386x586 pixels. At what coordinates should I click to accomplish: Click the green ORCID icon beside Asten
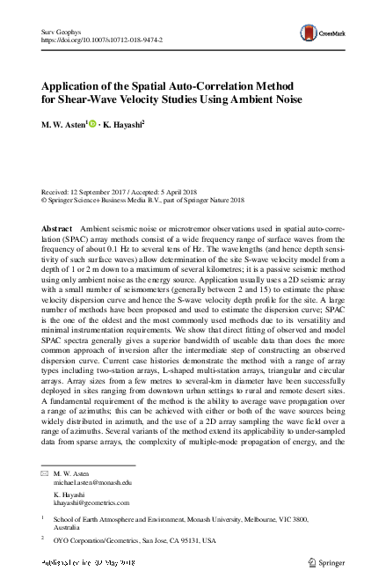tap(90, 125)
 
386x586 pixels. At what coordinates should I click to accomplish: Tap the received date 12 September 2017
tap(109, 191)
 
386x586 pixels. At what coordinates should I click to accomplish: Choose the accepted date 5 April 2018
tap(195, 191)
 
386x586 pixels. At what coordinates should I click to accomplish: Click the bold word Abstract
tap(58, 227)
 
